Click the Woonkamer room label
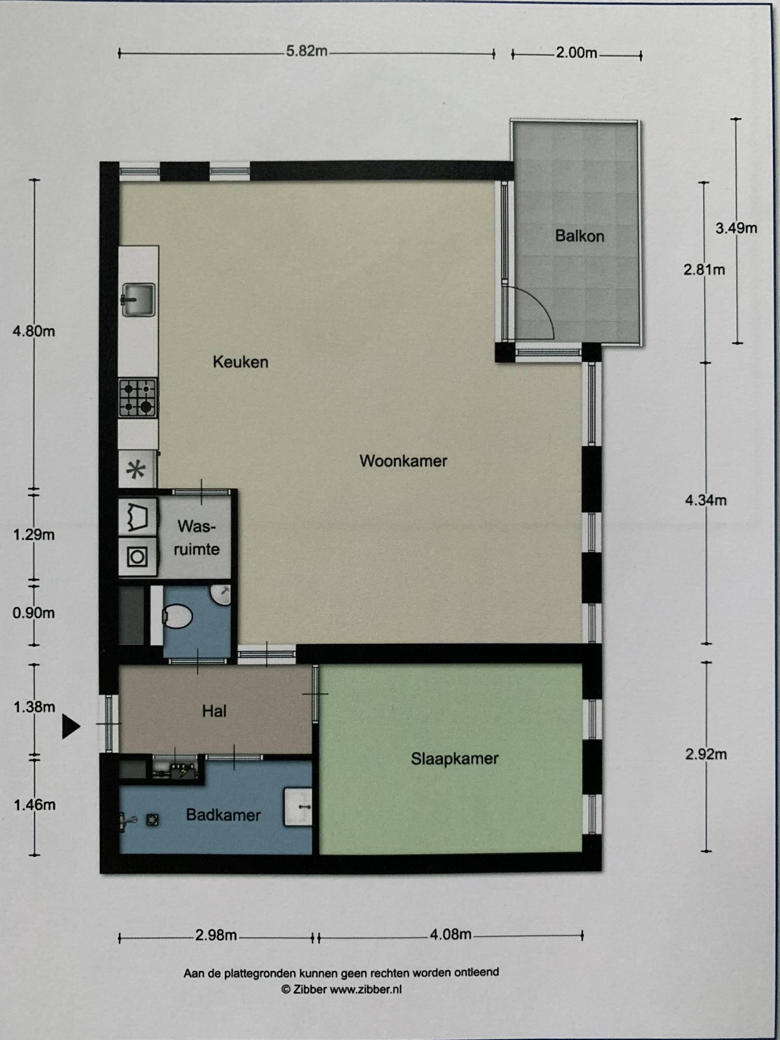coord(403,461)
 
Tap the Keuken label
coord(240,362)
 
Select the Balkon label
coord(579,236)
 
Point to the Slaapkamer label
coord(454,759)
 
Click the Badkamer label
coord(223,815)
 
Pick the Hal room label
coord(214,711)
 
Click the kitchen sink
coord(138,300)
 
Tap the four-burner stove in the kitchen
coord(138,398)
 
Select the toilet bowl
coord(177,616)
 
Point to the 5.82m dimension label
coord(307,51)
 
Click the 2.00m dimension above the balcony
coord(576,53)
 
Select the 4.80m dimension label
coord(34,331)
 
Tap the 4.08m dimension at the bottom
coord(450,934)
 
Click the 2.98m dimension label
coord(216,935)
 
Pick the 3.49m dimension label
coord(736,228)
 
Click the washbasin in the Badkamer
coord(297,807)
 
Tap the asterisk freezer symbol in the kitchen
coord(136,471)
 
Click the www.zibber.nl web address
coord(366,989)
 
